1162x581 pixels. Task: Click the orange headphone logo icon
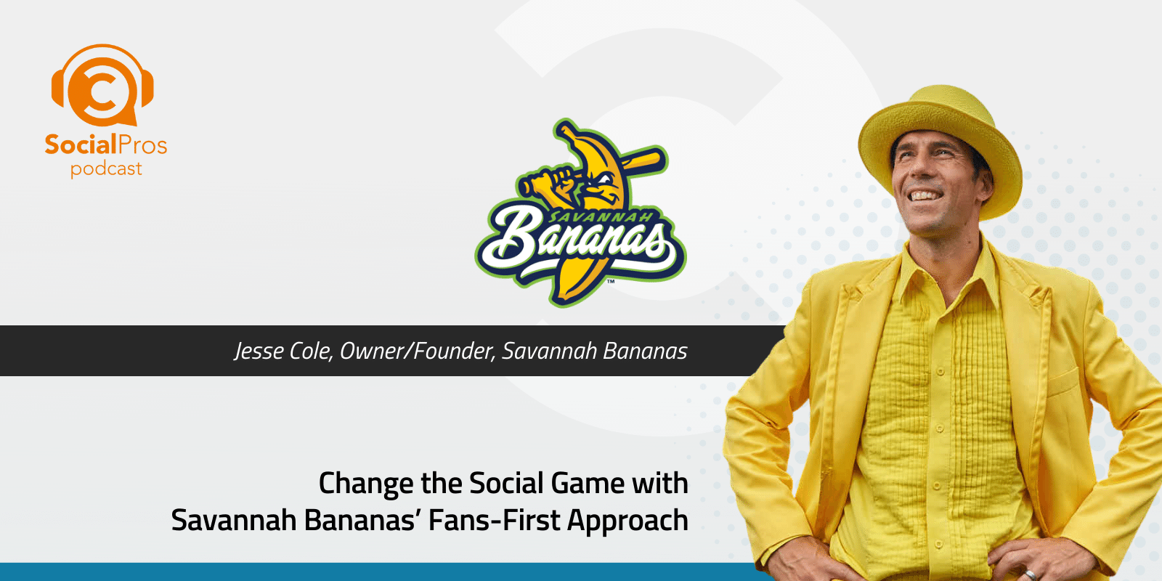[102, 86]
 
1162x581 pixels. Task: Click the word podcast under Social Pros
[106, 169]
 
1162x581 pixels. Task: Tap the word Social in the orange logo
[80, 145]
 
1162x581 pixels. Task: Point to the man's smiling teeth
[927, 195]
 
